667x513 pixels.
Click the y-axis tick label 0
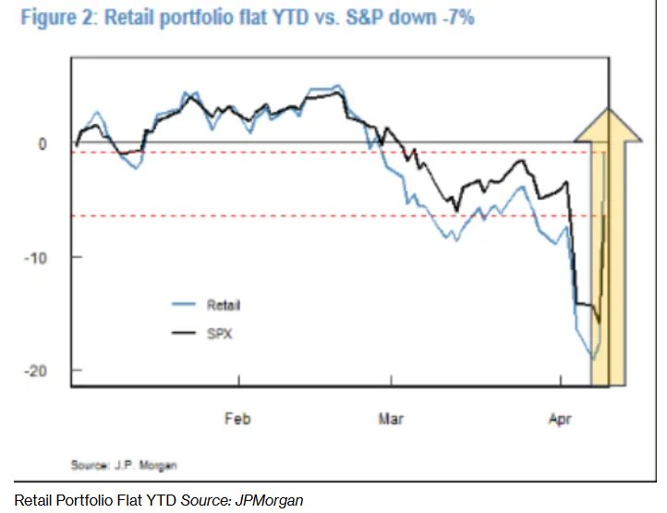click(41, 144)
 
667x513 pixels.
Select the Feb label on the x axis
click(237, 419)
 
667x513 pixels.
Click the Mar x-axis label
click(391, 419)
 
